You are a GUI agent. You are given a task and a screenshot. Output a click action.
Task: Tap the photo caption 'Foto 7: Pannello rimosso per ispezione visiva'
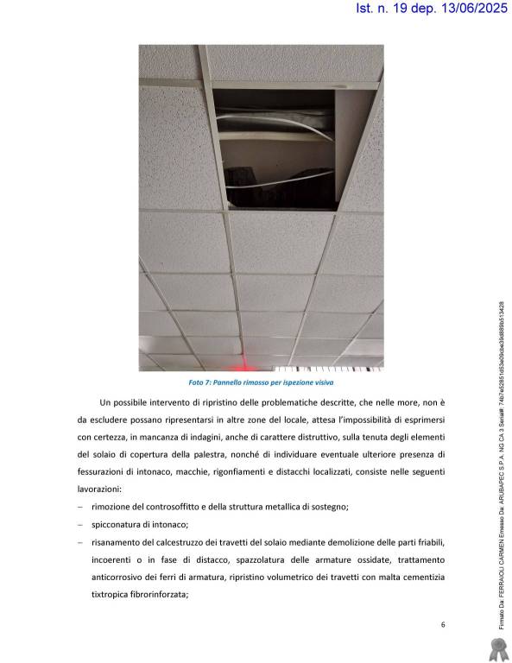pyautogui.click(x=261, y=381)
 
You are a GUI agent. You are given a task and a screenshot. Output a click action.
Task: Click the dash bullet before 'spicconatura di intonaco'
pyautogui.click(x=79, y=524)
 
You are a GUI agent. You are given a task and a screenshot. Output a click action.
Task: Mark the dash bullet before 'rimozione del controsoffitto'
pyautogui.click(x=79, y=506)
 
